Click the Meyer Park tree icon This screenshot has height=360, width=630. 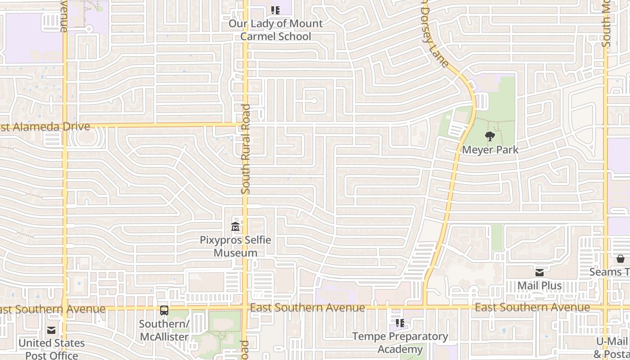click(x=490, y=136)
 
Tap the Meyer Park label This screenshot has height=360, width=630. click(x=490, y=150)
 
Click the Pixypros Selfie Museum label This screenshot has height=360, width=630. click(x=235, y=246)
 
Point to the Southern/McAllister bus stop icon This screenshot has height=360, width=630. click(x=164, y=310)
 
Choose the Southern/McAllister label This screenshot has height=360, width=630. click(x=164, y=330)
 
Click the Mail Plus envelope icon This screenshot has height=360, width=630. click(x=540, y=272)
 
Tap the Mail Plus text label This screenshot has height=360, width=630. click(x=540, y=286)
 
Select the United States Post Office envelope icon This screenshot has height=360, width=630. click(x=51, y=330)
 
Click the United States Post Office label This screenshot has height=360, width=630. click(x=51, y=349)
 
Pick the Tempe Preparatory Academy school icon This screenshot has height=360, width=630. click(x=400, y=323)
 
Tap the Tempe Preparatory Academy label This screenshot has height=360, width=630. click(x=400, y=342)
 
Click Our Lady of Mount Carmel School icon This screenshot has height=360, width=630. click(x=275, y=10)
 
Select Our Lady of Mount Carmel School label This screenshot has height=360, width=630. click(x=275, y=30)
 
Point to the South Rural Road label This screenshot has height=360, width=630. click(x=246, y=149)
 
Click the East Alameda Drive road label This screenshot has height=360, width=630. click(x=45, y=127)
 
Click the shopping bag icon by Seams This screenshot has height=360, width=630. click(x=621, y=259)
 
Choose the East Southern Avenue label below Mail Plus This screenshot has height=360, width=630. click(x=532, y=307)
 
